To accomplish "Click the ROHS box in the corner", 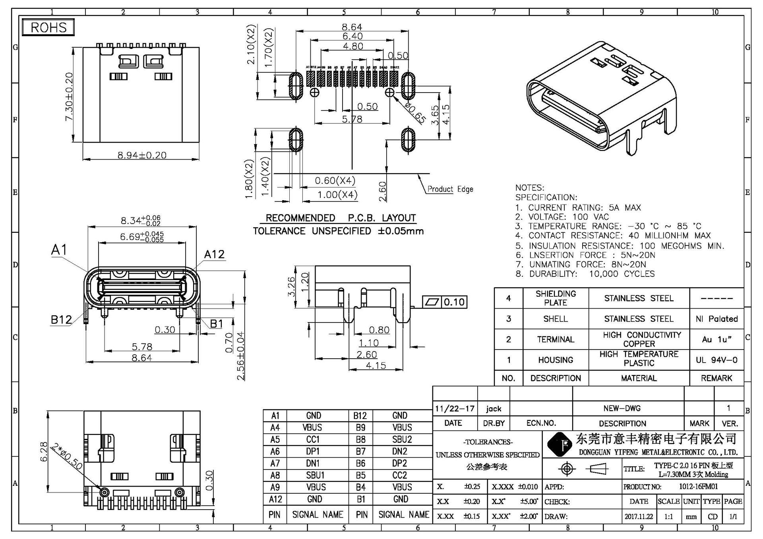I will [48, 27].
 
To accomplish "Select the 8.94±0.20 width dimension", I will [142, 155].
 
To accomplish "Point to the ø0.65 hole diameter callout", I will [415, 112].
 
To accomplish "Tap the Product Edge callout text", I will [450, 189].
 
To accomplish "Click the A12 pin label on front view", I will [214, 254].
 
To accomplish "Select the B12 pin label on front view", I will [61, 320].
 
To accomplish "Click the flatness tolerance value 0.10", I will [454, 302].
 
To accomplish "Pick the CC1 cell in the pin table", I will [313, 439].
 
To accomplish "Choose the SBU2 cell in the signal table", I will [402, 439].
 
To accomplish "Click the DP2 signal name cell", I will [400, 463].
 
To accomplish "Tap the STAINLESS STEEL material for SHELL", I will [639, 319].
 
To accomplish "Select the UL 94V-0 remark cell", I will [717, 360].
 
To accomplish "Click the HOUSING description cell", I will [556, 360].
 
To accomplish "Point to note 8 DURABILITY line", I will [585, 274].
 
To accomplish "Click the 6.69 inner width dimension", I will [142, 237].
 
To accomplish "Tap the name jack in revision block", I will [494, 409].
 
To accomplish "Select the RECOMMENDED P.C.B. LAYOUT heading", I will [341, 218].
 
